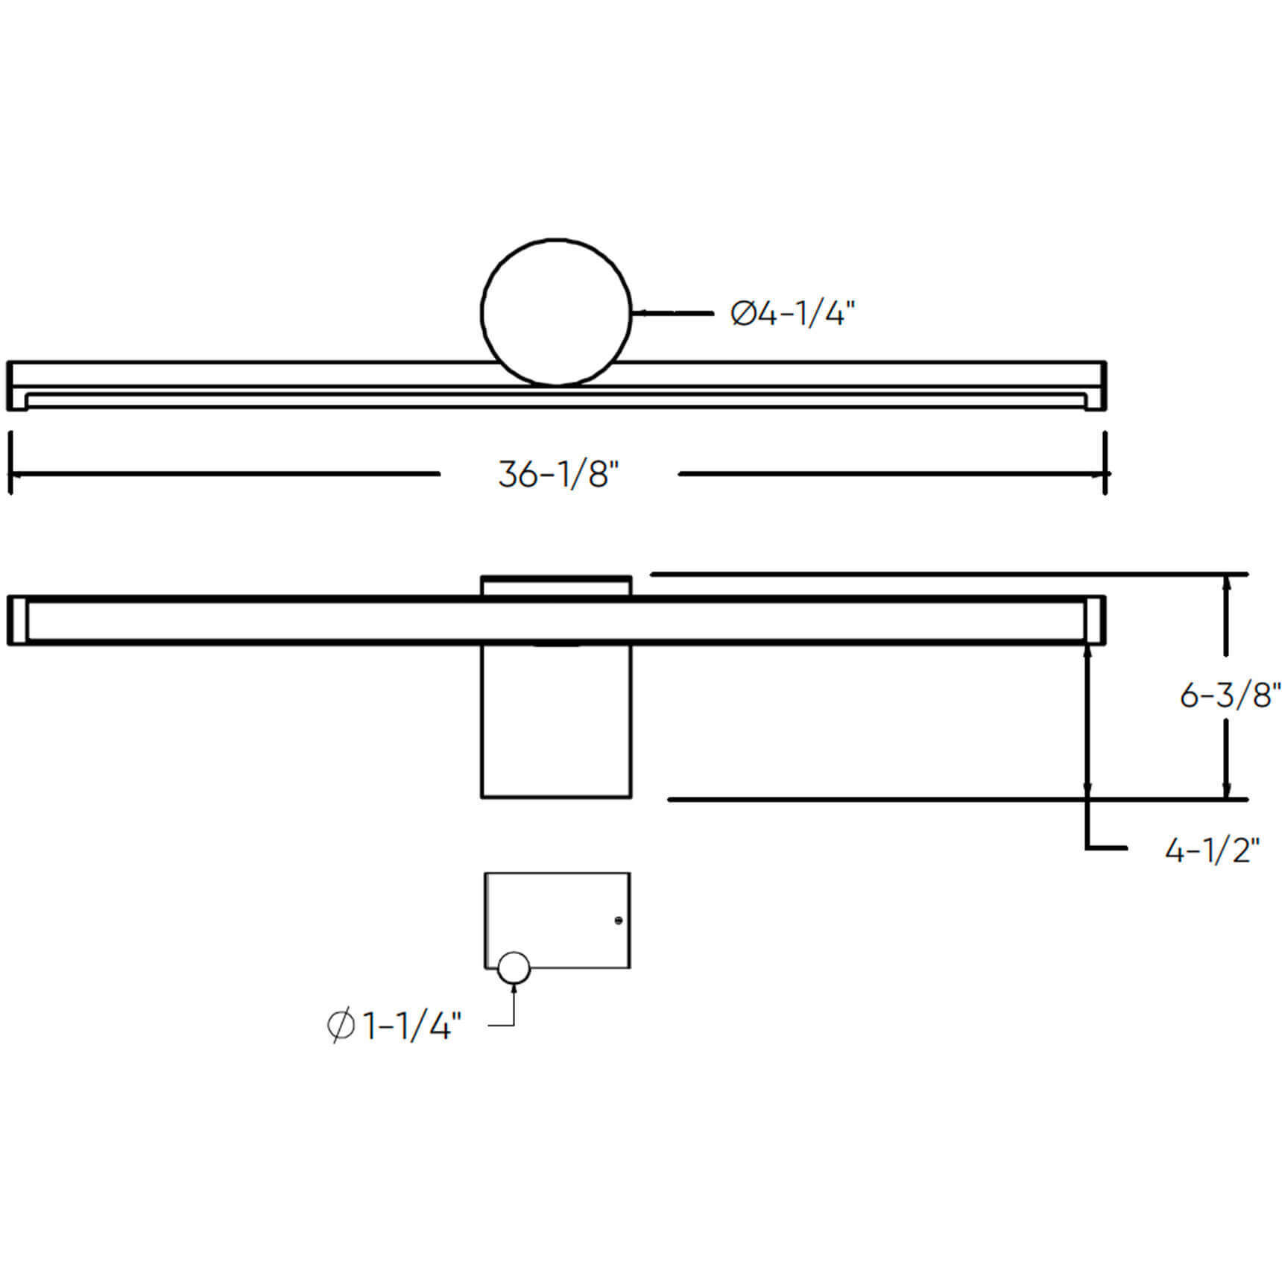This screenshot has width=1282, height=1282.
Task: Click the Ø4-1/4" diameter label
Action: point(792,314)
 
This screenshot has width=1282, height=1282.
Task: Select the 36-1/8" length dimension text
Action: point(558,475)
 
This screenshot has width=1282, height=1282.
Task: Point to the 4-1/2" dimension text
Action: point(1212,850)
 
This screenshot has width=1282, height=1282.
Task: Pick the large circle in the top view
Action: point(556,312)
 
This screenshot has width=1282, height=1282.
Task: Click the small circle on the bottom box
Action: point(514,968)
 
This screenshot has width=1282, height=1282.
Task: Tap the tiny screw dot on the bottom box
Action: point(618,921)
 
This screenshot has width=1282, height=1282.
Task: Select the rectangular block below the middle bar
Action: point(556,721)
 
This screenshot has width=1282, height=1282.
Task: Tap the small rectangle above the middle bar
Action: point(556,586)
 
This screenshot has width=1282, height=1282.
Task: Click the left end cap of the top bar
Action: point(17,386)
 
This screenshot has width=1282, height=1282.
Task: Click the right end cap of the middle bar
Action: point(1095,620)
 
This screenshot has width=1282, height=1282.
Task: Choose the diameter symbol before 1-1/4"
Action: point(341,1026)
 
